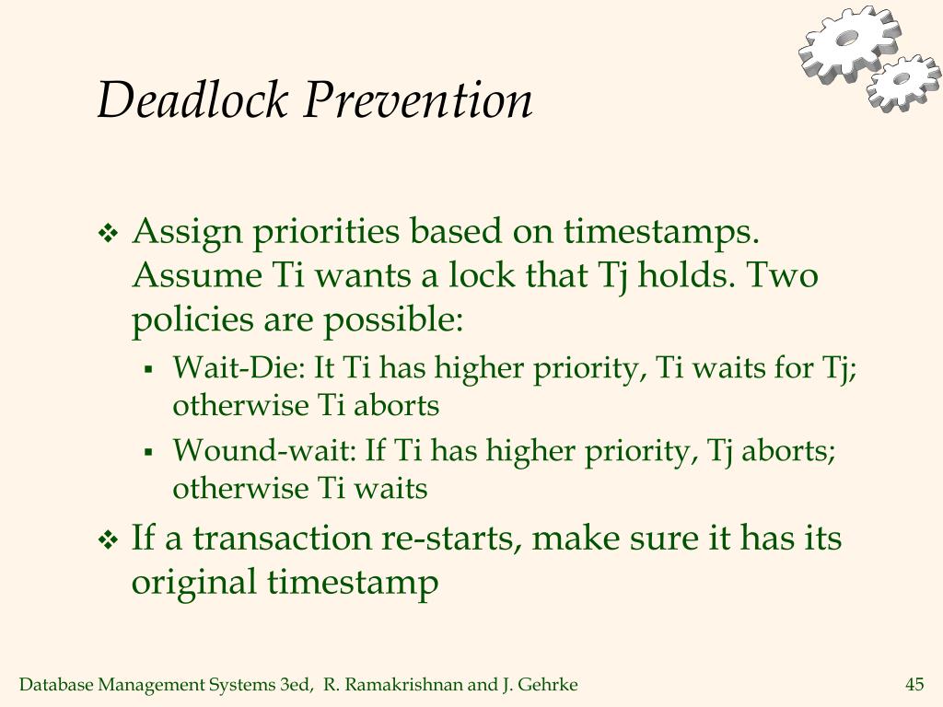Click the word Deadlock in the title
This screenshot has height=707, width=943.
(192, 99)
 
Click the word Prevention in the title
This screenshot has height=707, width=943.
(417, 99)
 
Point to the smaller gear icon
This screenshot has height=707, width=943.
(904, 83)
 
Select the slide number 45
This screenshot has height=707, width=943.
(914, 684)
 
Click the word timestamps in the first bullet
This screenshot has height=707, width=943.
(661, 231)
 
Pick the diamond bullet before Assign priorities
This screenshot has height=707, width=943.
(109, 233)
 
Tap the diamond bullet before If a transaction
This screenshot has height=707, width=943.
(109, 539)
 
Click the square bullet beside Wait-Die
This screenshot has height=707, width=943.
(148, 369)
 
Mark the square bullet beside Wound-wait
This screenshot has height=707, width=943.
(148, 452)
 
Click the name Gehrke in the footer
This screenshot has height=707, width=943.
(547, 685)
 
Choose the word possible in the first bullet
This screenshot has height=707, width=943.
(393, 319)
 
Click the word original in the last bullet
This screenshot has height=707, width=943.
(193, 583)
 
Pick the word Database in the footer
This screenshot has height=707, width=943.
(56, 685)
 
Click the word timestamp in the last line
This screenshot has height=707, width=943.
(353, 583)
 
